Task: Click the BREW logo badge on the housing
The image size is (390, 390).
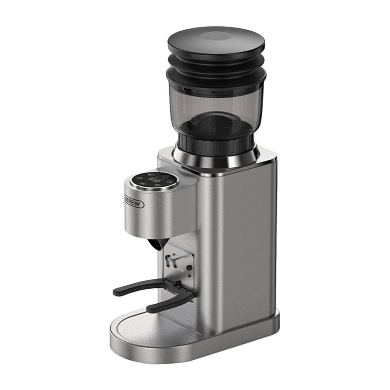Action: pyautogui.click(x=134, y=203)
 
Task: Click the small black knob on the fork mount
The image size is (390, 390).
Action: pyautogui.click(x=178, y=284)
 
